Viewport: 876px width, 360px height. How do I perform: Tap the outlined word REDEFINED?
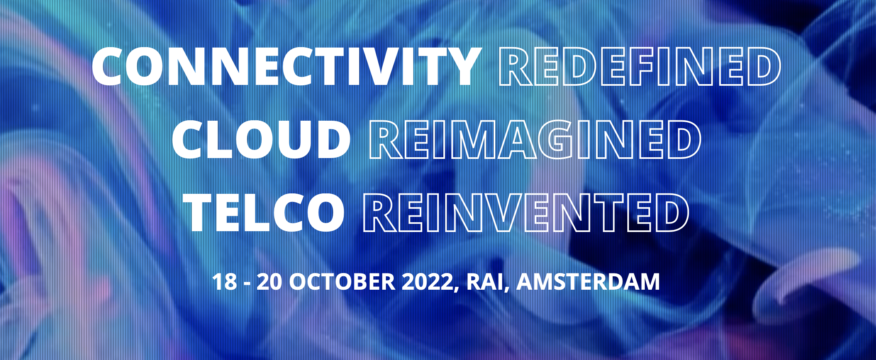point(640,66)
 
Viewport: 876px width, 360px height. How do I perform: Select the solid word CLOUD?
point(262,139)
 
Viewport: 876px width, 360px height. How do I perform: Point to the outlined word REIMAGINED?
point(535,139)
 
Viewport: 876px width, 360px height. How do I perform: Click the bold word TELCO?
point(264,213)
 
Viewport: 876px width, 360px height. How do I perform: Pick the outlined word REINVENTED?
point(526,213)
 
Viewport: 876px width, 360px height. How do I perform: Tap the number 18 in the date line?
point(225,282)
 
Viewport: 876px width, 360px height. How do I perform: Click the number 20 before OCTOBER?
point(270,282)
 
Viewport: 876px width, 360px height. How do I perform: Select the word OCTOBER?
point(342,282)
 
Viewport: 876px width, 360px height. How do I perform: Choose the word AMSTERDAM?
point(588,282)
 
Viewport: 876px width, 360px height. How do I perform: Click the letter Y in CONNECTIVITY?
point(462,66)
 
